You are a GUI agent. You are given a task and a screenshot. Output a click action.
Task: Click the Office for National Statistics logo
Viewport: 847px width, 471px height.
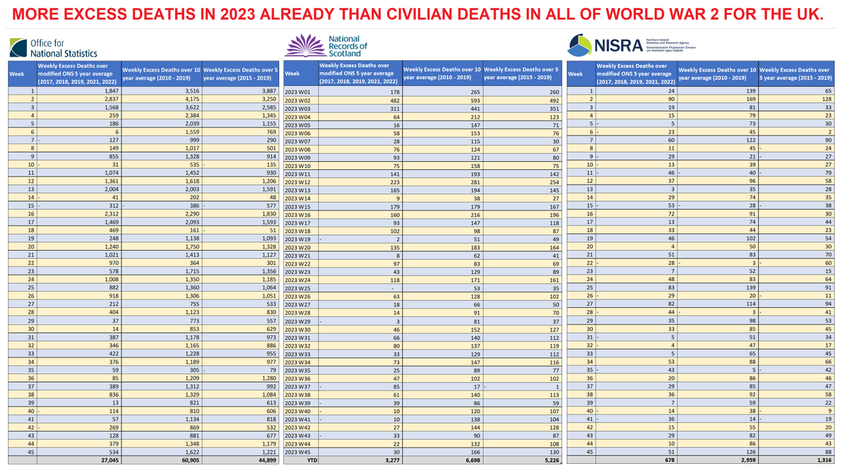(x=53, y=48)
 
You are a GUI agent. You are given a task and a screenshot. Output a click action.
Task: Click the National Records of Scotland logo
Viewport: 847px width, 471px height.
(x=326, y=46)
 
